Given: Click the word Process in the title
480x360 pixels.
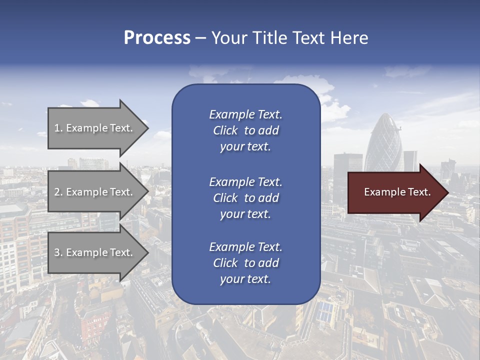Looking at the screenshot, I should [x=157, y=38].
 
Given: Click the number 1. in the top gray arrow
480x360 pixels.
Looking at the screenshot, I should [x=58, y=128].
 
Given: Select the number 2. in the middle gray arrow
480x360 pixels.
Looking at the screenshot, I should [x=58, y=192].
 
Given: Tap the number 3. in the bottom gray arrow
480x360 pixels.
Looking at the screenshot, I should [x=58, y=252].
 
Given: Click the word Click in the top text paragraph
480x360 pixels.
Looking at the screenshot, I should [x=225, y=131].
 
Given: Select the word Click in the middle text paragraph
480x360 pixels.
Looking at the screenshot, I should [x=225, y=198].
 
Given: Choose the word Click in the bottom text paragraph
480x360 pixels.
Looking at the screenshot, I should [x=225, y=263].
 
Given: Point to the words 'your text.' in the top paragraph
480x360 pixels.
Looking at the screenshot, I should [x=245, y=147].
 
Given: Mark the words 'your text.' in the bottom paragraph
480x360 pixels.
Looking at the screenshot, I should [x=245, y=279].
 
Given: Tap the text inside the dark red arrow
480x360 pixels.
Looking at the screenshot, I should [x=397, y=192].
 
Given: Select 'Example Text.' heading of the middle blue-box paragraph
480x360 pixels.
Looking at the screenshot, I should [x=245, y=182].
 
